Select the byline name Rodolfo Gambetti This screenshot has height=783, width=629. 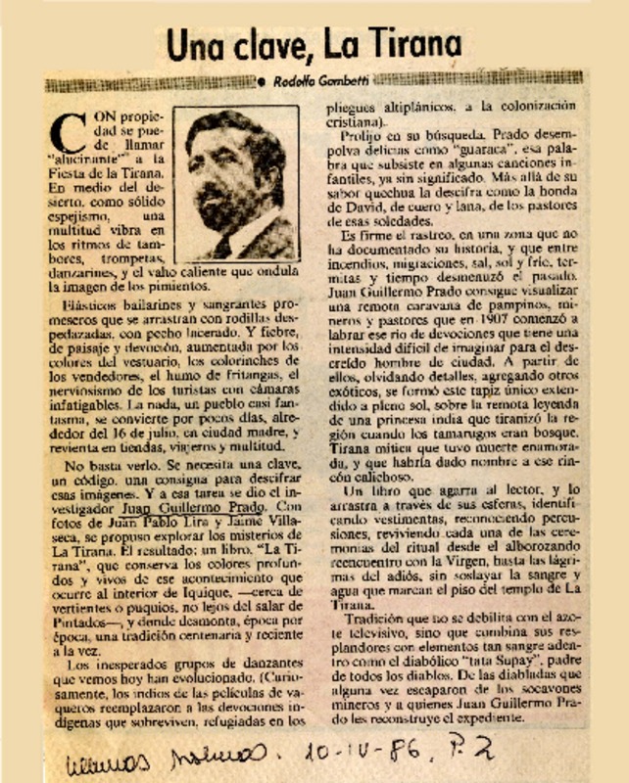[x=318, y=80]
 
